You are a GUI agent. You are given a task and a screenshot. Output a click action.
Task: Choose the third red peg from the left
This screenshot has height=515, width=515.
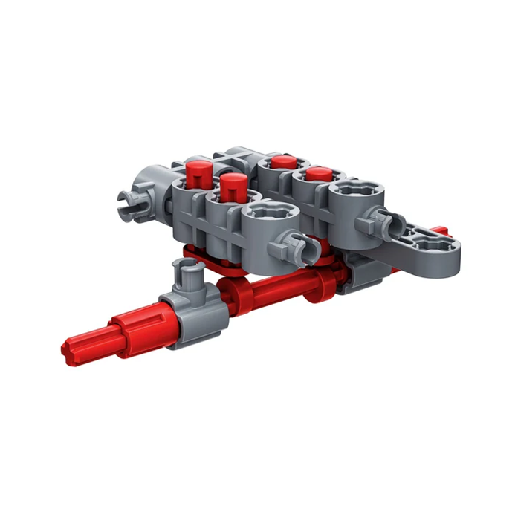pyautogui.click(x=282, y=164)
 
